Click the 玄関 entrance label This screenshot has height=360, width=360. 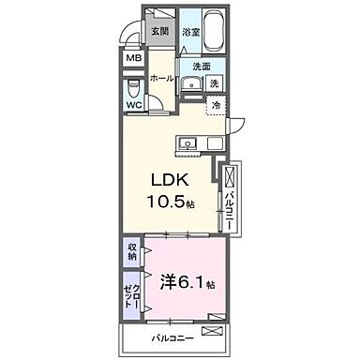[x=160, y=31]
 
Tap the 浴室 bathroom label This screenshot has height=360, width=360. [x=192, y=32]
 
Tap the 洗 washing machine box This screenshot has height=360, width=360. [x=215, y=84]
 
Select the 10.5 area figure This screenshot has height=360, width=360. [x=164, y=203]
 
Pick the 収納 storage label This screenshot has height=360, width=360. [x=132, y=250]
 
